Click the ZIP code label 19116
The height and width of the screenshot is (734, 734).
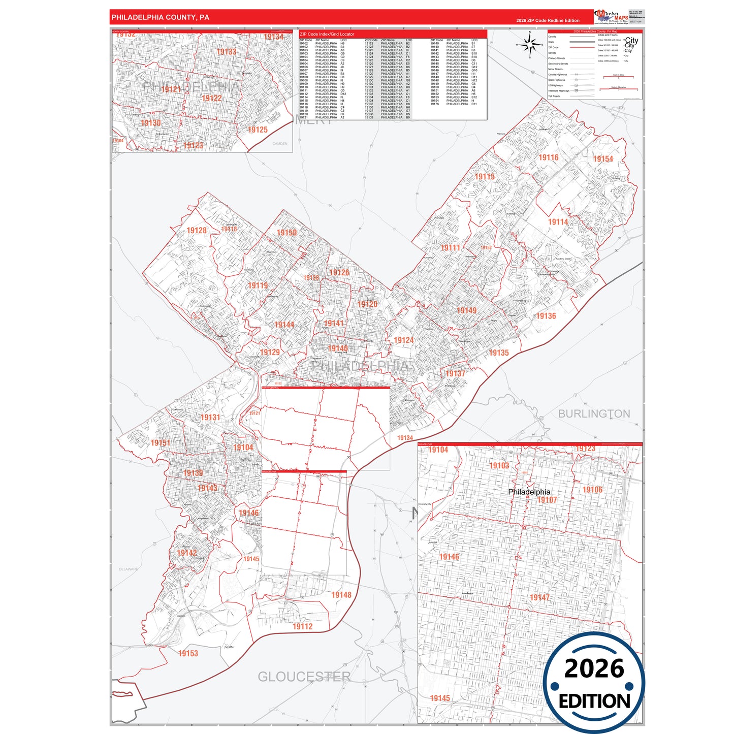click(549, 157)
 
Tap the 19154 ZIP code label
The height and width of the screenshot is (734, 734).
click(603, 159)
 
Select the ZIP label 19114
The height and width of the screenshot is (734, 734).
click(558, 222)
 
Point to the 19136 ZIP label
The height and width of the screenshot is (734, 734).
click(546, 316)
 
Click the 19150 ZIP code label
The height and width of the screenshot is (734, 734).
click(286, 233)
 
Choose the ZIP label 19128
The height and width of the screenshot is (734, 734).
click(197, 231)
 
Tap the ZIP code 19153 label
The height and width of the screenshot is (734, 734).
click(188, 653)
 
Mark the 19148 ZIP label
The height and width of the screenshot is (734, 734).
click(341, 595)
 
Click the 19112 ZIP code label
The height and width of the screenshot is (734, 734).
click(302, 626)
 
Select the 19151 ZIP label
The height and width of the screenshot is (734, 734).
click(161, 443)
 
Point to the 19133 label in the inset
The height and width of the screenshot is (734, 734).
click(226, 52)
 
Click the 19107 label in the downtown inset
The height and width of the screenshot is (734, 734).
click(547, 500)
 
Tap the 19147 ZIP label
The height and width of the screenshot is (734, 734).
click(539, 598)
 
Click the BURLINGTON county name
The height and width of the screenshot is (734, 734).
click(594, 414)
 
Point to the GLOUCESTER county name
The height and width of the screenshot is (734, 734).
click(304, 677)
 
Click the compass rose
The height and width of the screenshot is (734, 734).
click(530, 45)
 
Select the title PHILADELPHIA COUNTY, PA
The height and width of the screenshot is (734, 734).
click(161, 17)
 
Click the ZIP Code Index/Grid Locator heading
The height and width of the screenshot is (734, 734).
click(327, 34)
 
